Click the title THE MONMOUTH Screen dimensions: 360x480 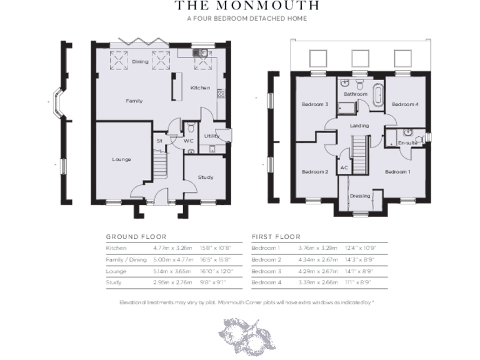(247, 6)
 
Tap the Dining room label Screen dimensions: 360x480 (140, 62)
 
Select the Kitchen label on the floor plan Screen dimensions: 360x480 (200, 87)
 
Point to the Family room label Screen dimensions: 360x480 (134, 101)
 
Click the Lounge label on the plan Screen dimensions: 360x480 (121, 159)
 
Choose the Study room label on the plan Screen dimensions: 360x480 (206, 177)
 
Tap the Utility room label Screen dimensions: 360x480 (211, 136)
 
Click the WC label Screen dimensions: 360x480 (188, 141)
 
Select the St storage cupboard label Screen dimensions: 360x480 (159, 141)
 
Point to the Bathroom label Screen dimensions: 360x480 (355, 94)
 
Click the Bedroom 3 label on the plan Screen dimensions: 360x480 (314, 104)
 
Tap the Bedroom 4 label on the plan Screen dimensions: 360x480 (405, 104)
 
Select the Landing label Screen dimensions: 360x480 (359, 126)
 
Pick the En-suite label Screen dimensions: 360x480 (407, 143)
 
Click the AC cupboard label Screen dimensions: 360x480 (344, 168)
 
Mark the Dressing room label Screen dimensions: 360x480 (360, 196)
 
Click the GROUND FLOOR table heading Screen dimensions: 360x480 (136, 237)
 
